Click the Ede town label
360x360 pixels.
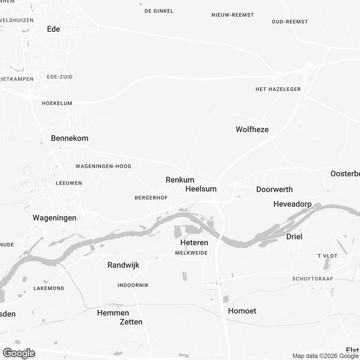(x=53, y=29)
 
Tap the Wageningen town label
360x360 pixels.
(x=55, y=218)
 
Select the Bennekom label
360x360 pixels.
(x=69, y=138)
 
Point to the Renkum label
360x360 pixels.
(x=180, y=180)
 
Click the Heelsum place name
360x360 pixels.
(x=201, y=189)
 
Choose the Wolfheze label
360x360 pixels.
(x=252, y=129)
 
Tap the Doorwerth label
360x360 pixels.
(x=274, y=189)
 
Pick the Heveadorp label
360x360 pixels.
(x=292, y=204)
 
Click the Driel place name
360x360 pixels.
(x=294, y=237)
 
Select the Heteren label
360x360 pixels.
(x=194, y=243)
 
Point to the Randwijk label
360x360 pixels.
(x=123, y=265)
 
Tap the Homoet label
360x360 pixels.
(x=242, y=311)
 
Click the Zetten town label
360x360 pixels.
(x=131, y=322)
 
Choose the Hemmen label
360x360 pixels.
(x=113, y=313)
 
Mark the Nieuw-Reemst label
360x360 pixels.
(x=233, y=15)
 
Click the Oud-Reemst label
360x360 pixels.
(x=290, y=22)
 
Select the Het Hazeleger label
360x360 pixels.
(x=278, y=89)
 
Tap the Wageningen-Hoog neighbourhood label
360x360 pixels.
(x=103, y=166)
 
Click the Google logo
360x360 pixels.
(x=19, y=353)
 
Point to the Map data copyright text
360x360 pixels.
(x=325, y=356)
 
